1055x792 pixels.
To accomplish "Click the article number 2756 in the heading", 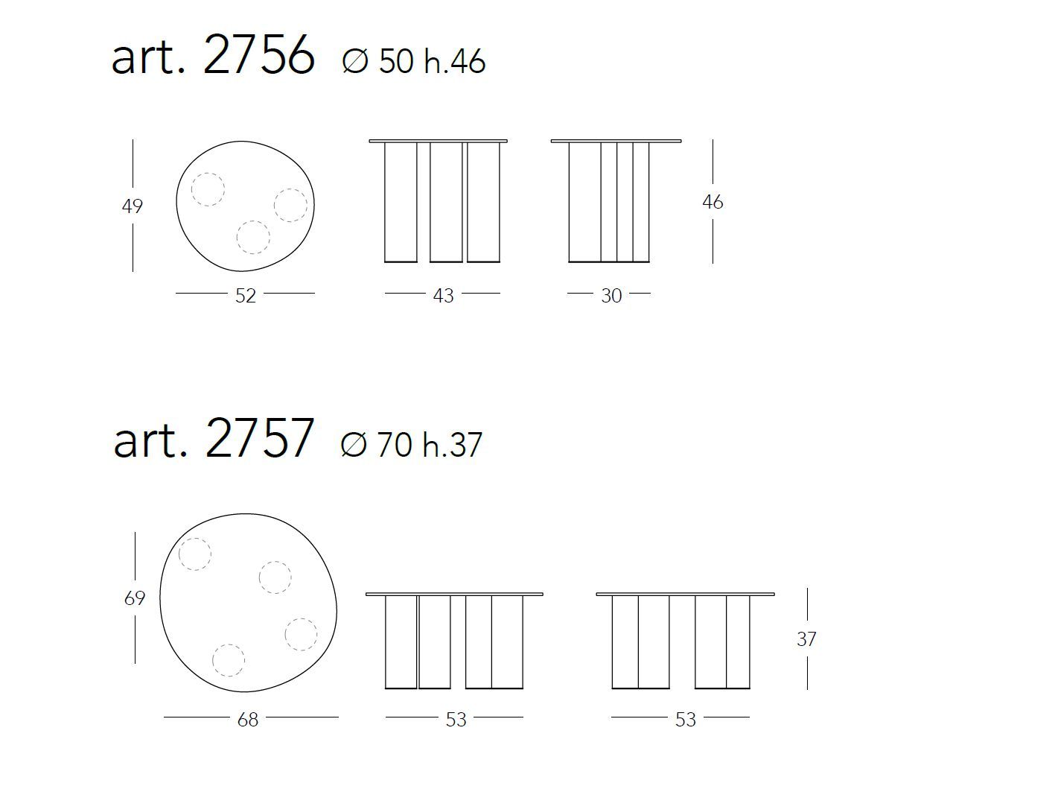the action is pos(259,55).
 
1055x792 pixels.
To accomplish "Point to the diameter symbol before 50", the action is pos(355,61).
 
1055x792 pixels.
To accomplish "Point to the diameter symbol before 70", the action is pos(353,444).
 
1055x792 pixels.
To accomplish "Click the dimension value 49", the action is pos(133,206).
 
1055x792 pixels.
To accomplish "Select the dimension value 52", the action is pos(246,296).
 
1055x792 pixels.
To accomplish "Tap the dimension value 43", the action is pos(443,296).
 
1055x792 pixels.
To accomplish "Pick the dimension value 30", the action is pos(611,296).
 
